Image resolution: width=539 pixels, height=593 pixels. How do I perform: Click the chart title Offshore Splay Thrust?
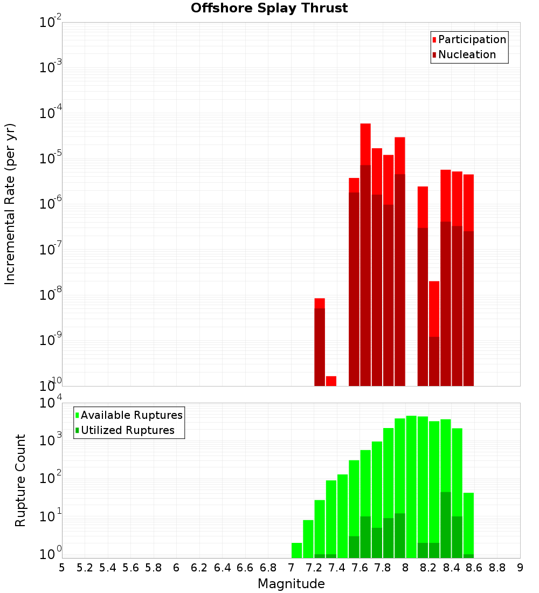[269, 9]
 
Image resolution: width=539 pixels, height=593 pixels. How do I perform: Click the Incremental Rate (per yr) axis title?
[10, 204]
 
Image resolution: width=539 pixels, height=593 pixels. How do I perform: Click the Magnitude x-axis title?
[291, 584]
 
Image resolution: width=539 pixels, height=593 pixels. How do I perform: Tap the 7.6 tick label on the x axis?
[360, 568]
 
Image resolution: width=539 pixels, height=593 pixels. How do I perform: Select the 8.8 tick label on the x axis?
[497, 568]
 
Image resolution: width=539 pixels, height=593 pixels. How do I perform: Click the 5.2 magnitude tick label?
[85, 568]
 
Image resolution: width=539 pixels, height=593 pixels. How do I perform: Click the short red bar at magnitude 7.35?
[331, 381]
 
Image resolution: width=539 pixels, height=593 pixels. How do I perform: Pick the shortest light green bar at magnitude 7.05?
[296, 550]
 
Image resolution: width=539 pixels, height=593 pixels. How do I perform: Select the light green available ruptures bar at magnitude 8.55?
[468, 523]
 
